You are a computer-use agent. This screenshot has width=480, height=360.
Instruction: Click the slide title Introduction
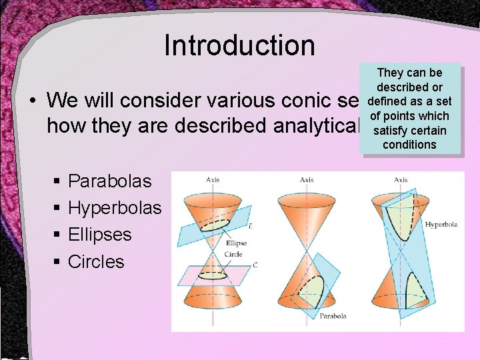pyautogui.click(x=239, y=45)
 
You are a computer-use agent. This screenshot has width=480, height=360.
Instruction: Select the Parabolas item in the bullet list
pyautogui.click(x=110, y=181)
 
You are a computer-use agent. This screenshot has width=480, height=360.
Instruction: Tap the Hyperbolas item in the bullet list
pyautogui.click(x=115, y=208)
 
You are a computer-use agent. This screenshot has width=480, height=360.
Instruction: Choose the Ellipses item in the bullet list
pyautogui.click(x=100, y=235)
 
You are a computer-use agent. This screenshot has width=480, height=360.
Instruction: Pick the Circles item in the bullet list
pyautogui.click(x=96, y=262)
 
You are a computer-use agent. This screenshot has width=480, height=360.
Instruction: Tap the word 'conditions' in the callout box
pyautogui.click(x=409, y=145)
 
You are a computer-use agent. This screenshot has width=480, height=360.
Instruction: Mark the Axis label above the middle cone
pyautogui.click(x=307, y=179)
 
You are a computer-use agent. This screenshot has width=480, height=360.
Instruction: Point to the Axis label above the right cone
pyautogui.click(x=401, y=179)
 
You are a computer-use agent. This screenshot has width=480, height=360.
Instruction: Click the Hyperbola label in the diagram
pyautogui.click(x=441, y=225)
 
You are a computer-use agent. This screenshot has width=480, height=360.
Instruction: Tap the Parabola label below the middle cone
pyautogui.click(x=332, y=315)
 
